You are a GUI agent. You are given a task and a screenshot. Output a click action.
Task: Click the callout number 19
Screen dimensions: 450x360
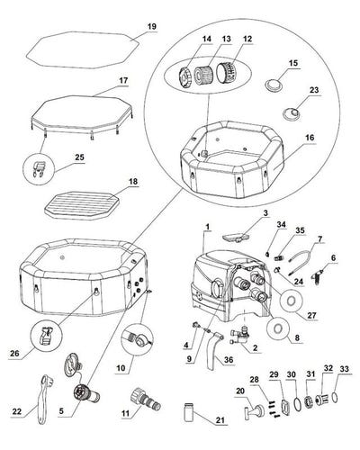point(152,28)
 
